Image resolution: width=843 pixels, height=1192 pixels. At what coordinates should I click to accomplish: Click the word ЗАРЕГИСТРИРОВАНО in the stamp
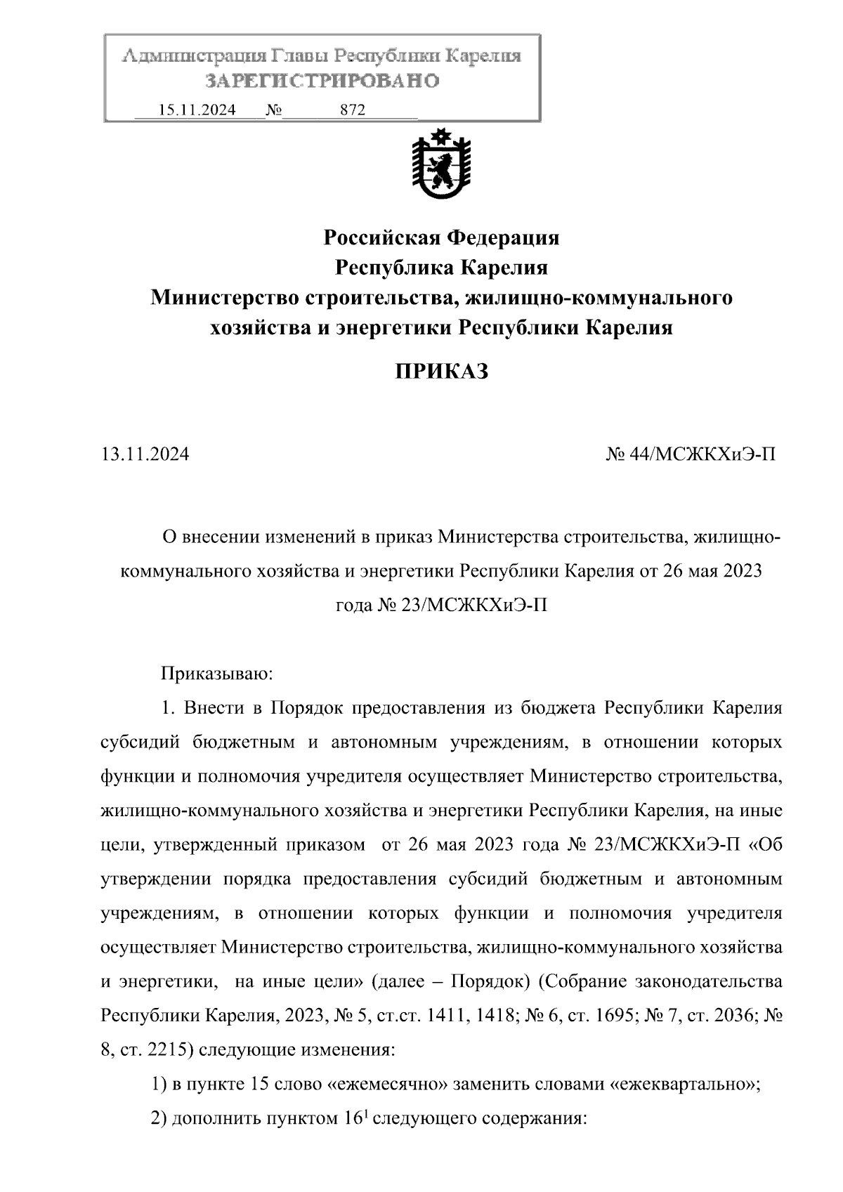(x=322, y=81)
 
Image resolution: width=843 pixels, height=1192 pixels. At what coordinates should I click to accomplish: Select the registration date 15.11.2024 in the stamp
(x=197, y=110)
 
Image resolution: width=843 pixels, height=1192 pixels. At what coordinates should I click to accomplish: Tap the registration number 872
(x=353, y=110)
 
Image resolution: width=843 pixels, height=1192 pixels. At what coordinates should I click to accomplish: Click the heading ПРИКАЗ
(x=441, y=372)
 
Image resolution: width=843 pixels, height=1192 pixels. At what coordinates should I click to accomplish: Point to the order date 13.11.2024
(x=145, y=454)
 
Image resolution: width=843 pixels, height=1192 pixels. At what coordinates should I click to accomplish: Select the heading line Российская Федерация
(x=441, y=238)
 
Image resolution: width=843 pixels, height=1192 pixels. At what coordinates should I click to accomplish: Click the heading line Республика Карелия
(x=441, y=268)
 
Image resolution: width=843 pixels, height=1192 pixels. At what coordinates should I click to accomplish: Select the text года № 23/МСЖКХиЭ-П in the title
(x=441, y=605)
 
